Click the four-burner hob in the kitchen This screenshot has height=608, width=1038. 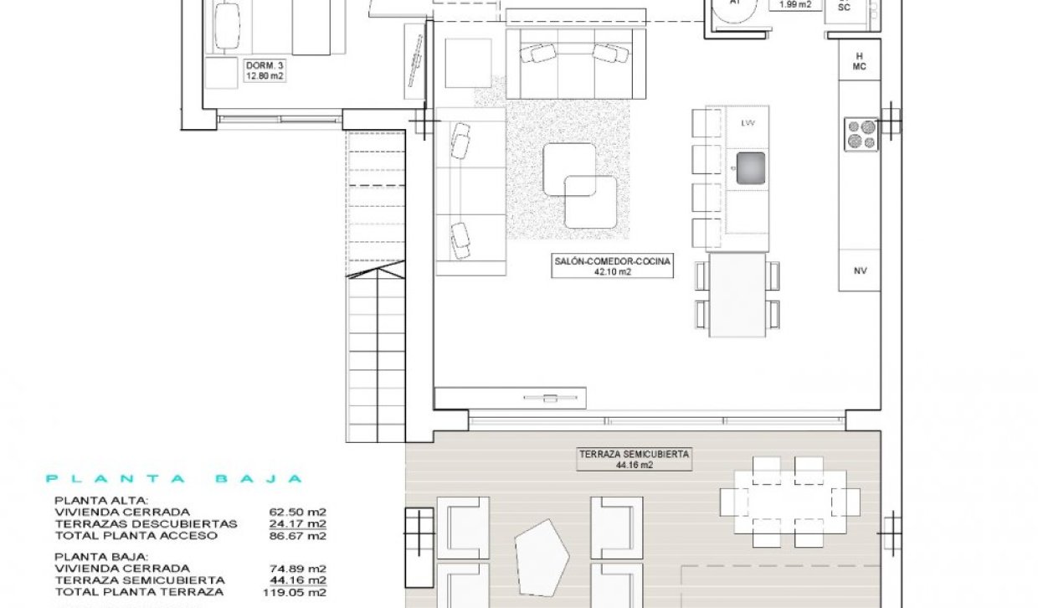coord(861,135)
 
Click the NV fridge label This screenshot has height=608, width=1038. coord(860,271)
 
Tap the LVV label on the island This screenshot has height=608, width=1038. coord(748,123)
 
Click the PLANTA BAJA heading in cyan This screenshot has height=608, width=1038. coord(173,479)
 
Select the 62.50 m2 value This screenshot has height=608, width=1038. coord(297,512)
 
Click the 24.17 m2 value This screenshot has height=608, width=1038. coord(297,523)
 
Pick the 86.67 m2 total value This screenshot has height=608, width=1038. coord(297,535)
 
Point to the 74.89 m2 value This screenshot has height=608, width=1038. coord(297,568)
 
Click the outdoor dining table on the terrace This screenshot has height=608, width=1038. coord(789,501)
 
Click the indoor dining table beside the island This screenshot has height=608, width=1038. coord(737,295)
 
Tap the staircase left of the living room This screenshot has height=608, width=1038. coord(376,285)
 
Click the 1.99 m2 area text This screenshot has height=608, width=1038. coord(795,4)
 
